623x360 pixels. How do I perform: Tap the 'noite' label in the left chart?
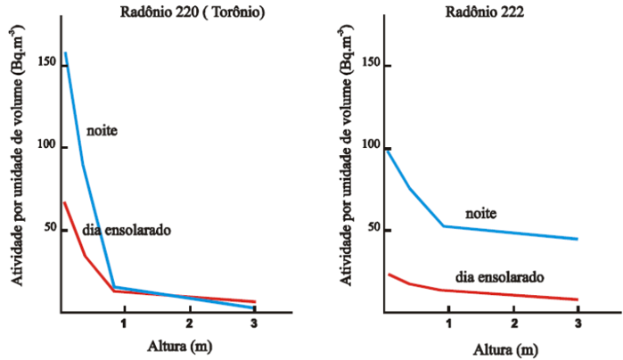coord(102,131)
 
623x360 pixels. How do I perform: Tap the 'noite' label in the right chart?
coord(480,214)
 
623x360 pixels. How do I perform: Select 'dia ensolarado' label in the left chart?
coord(127,230)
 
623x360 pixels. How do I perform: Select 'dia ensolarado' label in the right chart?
coord(500,276)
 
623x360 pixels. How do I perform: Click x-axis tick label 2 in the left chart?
coord(190,322)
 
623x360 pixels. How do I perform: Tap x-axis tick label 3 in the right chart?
coord(578,322)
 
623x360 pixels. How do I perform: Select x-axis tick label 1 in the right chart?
coord(448,322)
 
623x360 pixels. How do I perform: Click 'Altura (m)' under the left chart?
coord(158,345)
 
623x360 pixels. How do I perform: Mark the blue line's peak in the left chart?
coord(66,53)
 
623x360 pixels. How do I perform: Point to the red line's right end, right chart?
coord(578,299)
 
